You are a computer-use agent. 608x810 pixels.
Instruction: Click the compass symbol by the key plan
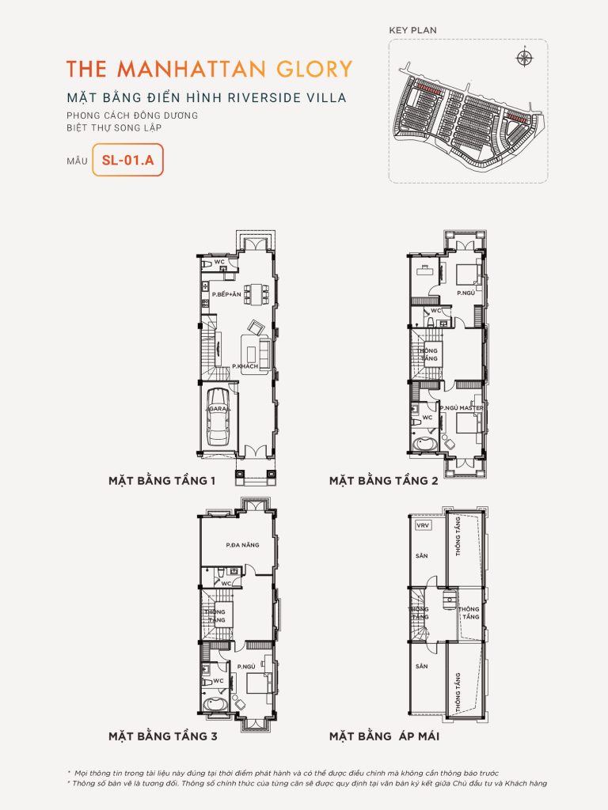[523, 57]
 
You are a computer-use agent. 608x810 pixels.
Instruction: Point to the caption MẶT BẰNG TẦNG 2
[384, 480]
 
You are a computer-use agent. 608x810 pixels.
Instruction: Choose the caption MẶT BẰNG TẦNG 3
[162, 736]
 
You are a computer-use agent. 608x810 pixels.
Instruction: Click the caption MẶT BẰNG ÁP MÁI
[384, 736]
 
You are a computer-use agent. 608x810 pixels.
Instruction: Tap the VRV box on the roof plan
[420, 524]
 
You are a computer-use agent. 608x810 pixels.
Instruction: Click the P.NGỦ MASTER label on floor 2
[462, 407]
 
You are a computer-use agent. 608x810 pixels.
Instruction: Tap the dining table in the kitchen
[253, 293]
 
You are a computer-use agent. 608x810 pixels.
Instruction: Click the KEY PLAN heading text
[412, 30]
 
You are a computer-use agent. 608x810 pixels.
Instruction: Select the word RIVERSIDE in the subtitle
[253, 98]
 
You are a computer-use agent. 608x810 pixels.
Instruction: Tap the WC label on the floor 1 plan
[221, 260]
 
